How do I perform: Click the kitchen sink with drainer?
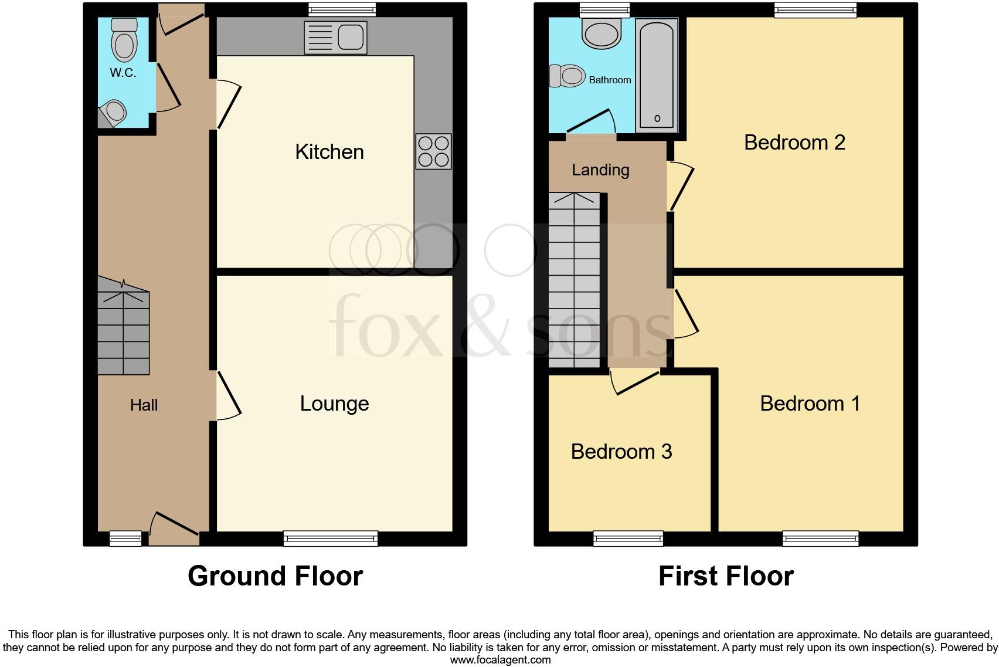click(335, 38)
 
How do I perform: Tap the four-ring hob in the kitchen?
click(433, 151)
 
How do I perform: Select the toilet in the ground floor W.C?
click(124, 40)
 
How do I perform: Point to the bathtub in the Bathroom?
click(657, 74)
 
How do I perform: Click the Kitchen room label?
click(329, 153)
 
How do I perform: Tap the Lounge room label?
click(334, 404)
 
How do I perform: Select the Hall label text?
click(144, 405)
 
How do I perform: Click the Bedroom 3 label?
click(621, 451)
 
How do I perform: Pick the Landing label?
click(600, 170)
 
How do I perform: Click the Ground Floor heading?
click(275, 576)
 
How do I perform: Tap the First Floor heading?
click(726, 576)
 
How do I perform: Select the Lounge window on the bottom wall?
click(330, 538)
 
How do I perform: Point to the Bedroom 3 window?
click(628, 538)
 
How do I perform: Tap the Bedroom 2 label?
click(794, 143)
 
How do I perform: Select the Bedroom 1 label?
click(810, 404)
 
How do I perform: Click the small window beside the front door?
click(126, 538)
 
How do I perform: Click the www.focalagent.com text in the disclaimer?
click(500, 660)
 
